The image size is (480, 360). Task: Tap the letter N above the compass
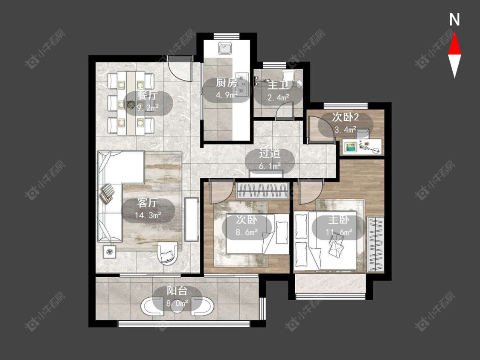[x=454, y=20]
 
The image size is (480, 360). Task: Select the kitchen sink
[x=225, y=48]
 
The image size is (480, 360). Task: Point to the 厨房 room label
[x=227, y=83]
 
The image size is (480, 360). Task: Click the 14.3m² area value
[x=148, y=215]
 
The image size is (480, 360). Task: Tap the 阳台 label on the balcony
[x=177, y=291]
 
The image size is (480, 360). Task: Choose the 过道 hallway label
[x=270, y=154]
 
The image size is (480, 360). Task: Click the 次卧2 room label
[x=345, y=117]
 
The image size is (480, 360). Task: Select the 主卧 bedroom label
[x=339, y=220]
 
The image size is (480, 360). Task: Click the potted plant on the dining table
[x=131, y=105]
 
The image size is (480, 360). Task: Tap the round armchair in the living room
[x=167, y=253]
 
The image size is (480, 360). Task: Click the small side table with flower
[x=110, y=252]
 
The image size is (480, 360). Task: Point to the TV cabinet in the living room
[x=192, y=220]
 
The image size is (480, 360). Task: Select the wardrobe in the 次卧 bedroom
[x=263, y=191]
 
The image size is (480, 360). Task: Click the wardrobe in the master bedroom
[x=375, y=244]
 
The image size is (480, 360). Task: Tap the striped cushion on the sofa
[x=107, y=193]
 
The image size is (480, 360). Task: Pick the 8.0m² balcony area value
[x=177, y=304]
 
